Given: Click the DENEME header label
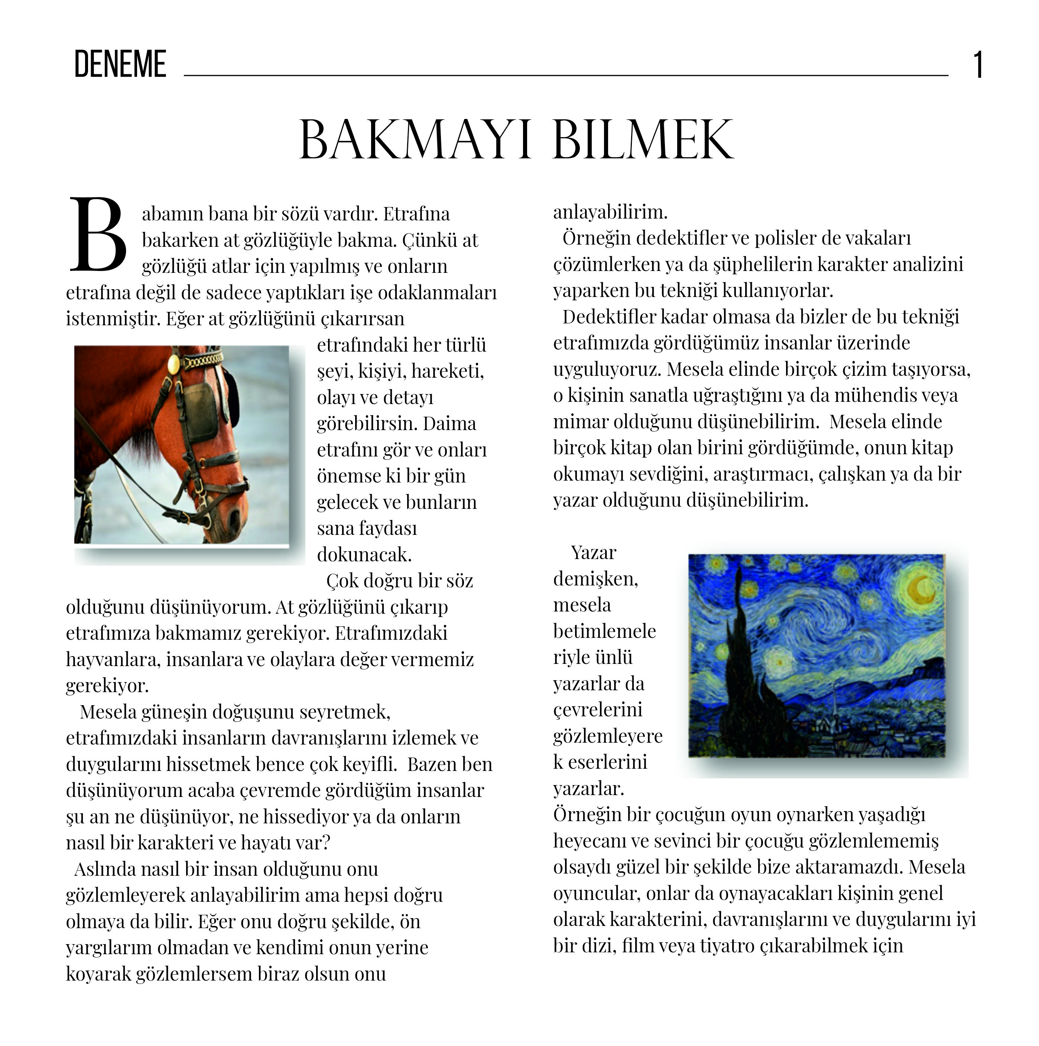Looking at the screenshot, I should (120, 64).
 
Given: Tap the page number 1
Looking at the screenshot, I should (977, 65).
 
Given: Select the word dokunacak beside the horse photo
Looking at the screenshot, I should (364, 554).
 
